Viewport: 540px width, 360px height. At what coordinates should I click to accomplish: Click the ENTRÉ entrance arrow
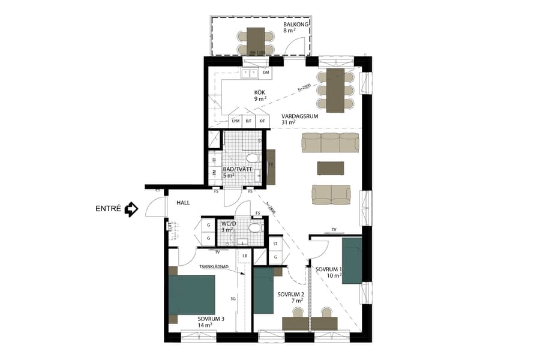pos(131,209)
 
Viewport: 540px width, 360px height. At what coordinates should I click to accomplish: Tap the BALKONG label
pos(296,25)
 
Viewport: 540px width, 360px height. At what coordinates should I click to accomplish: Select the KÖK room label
pos(259,93)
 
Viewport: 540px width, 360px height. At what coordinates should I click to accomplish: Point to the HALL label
pos(183,203)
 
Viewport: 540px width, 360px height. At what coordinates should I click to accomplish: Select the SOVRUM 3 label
pos(211,319)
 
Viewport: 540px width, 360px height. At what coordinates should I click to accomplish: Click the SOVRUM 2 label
pos(291,295)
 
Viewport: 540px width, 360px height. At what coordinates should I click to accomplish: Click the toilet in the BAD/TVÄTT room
pos(253,159)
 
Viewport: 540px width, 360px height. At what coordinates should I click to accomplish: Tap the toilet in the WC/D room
pos(256,229)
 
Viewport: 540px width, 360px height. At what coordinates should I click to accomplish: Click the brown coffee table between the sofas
pos(331,167)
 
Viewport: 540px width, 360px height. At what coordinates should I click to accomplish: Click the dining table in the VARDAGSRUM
pos(335,89)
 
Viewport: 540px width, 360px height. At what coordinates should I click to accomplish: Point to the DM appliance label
pos(266,73)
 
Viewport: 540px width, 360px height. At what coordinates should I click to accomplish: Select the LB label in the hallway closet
pos(244,256)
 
